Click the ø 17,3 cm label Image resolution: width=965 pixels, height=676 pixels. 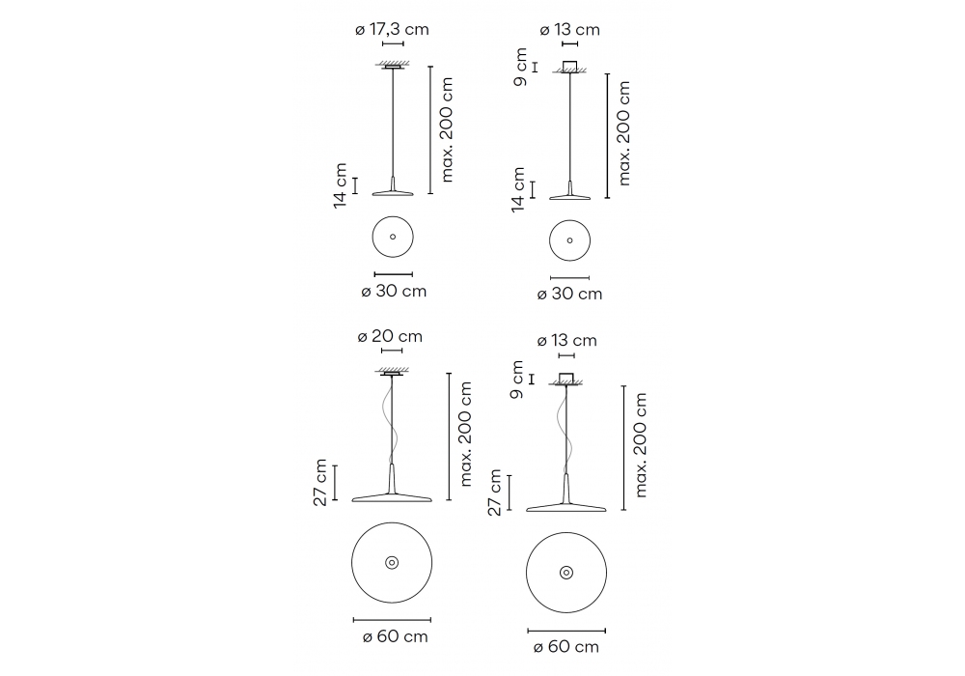(392, 30)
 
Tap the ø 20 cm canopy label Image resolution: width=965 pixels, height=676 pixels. (390, 336)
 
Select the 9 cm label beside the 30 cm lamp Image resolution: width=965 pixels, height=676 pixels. (521, 67)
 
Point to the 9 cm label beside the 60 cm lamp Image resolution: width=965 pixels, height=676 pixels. (517, 380)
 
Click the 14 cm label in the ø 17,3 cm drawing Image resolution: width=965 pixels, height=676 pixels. (341, 185)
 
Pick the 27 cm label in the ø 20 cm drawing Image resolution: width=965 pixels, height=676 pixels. (320, 483)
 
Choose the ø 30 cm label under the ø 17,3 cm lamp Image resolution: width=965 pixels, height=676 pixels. (394, 291)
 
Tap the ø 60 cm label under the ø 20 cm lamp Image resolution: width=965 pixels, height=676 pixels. (395, 636)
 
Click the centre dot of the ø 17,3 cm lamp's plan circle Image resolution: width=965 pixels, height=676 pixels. (393, 237)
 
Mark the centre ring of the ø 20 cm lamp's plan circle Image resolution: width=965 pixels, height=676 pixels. (392, 563)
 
